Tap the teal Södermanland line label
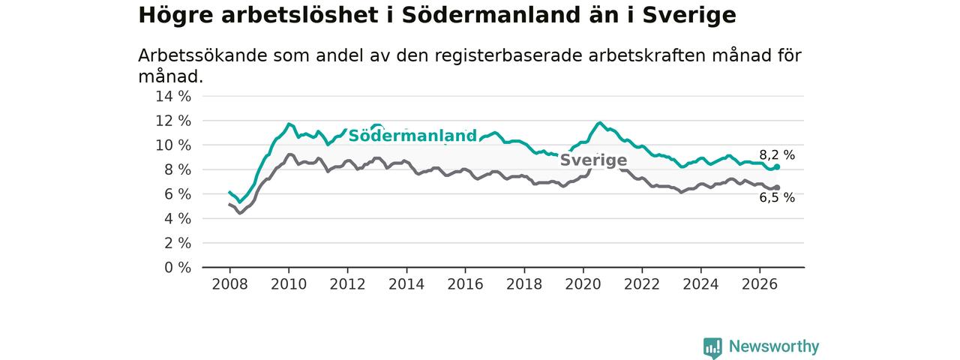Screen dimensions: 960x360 (x=412, y=136)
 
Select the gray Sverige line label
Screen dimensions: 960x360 (x=593, y=160)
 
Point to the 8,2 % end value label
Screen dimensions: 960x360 (x=777, y=155)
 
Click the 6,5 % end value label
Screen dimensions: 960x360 (x=777, y=197)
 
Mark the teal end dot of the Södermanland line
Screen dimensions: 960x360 (x=777, y=167)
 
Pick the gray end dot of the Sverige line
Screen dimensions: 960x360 (x=777, y=187)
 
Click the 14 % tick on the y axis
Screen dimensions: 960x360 (x=173, y=97)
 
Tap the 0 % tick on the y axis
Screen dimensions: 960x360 (x=178, y=268)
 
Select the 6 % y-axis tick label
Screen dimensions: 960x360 (x=178, y=194)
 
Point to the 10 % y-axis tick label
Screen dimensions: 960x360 (x=173, y=145)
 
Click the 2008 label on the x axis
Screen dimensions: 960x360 (x=229, y=284)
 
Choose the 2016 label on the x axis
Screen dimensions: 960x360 (x=466, y=284)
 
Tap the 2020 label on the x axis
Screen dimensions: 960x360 (x=583, y=284)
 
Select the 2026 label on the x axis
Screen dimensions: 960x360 (x=760, y=284)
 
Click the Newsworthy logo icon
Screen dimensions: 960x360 (x=712, y=347)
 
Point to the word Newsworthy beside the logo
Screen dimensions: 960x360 (x=774, y=346)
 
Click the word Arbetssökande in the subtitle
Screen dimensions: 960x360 (x=202, y=55)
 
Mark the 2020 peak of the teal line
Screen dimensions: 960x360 (x=600, y=123)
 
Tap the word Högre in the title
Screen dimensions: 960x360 (x=175, y=16)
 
